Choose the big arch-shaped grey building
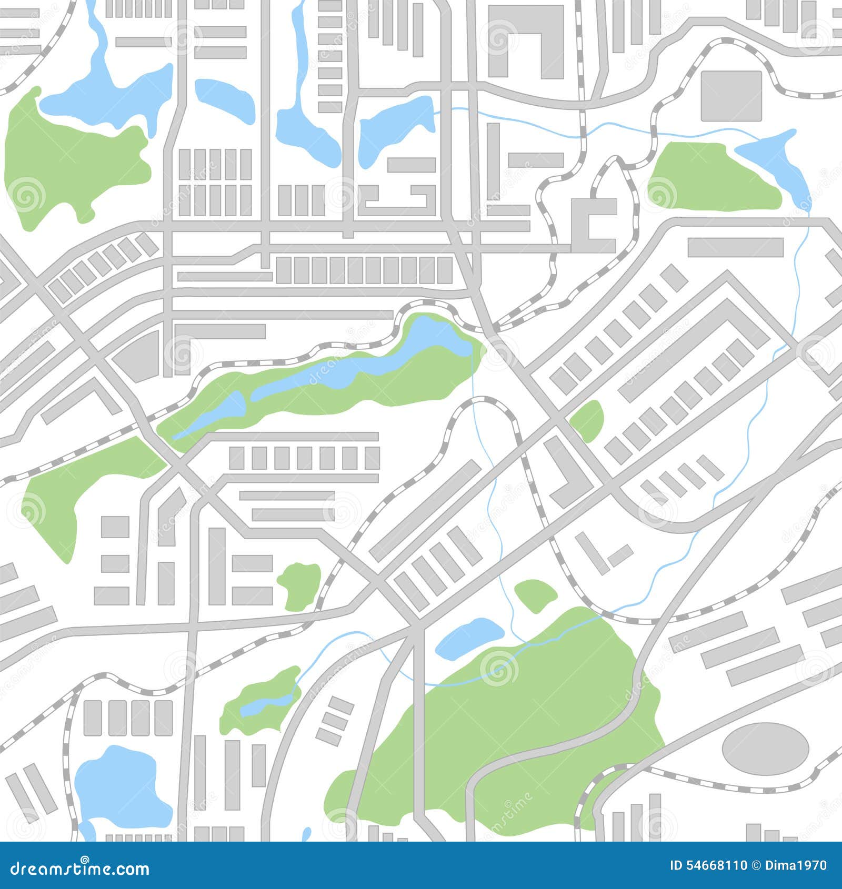pyautogui.click(x=526, y=37)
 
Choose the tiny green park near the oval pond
pyautogui.click(x=535, y=595)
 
